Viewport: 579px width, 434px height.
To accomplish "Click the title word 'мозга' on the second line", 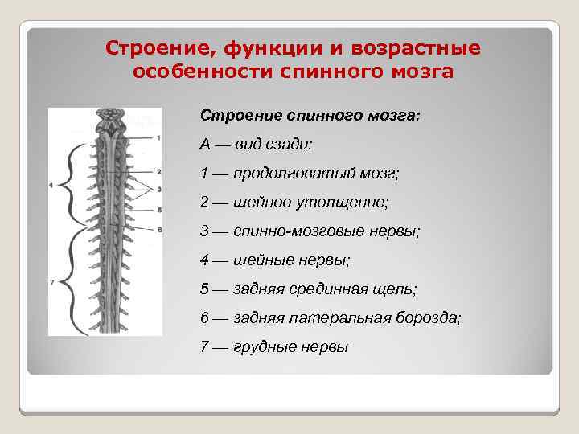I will [x=419, y=72].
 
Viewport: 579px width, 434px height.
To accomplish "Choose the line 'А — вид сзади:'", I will [x=257, y=144].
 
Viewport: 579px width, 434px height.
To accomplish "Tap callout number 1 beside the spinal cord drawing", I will [x=159, y=138].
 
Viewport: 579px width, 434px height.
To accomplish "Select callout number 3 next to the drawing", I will [x=159, y=190].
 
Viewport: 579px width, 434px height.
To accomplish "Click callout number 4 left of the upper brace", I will [x=51, y=186].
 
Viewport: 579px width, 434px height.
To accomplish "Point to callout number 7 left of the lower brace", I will [x=51, y=282].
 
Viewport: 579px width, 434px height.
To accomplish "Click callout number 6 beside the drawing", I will [x=159, y=229].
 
